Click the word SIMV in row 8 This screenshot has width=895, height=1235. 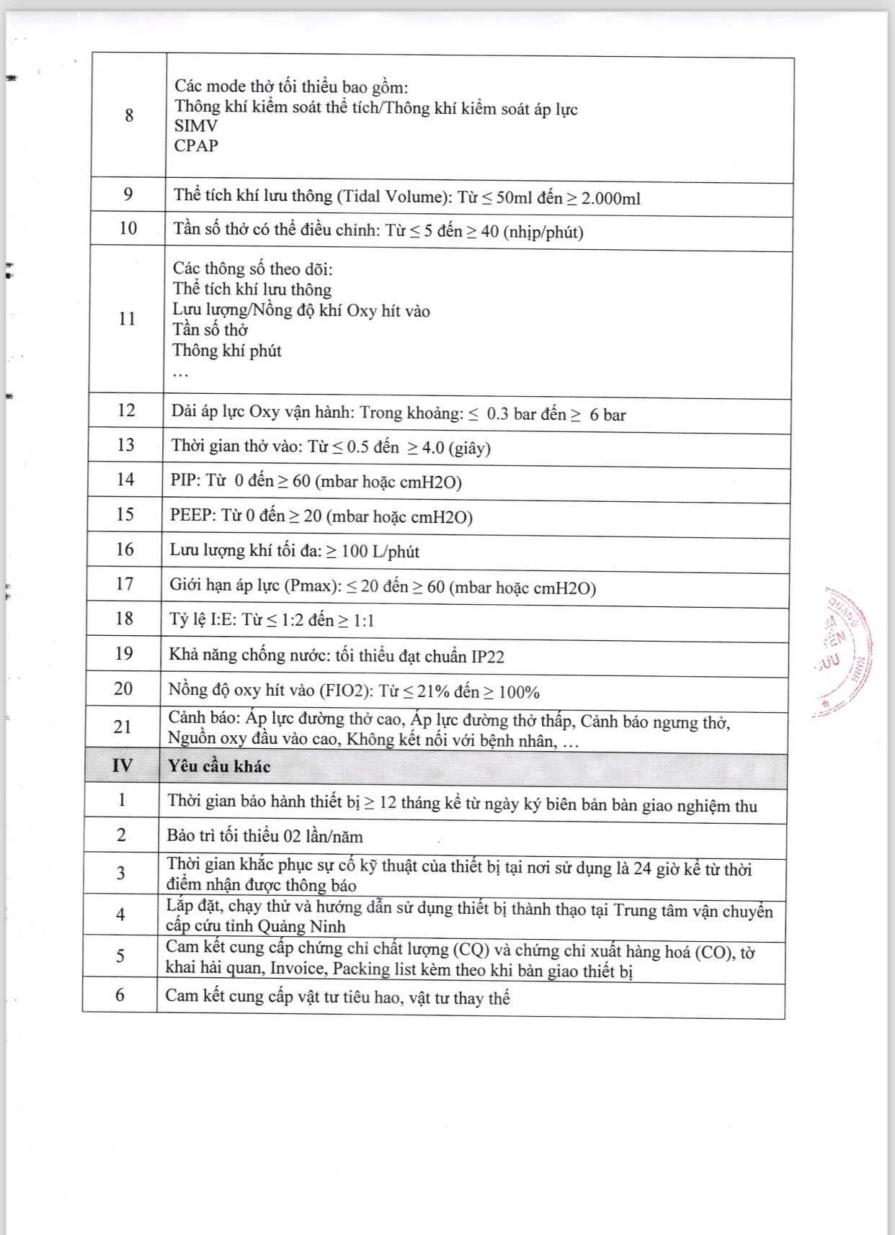[196, 126]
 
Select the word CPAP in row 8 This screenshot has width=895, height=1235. [196, 145]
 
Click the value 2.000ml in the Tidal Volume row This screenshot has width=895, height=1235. [610, 199]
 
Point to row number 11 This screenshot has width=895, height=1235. [127, 319]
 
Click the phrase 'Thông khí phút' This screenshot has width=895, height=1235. [227, 351]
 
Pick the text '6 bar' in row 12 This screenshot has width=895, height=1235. [607, 415]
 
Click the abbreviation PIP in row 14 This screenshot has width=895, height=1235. [184, 480]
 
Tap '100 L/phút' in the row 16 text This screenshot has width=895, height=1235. [380, 552]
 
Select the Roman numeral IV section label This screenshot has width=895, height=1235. [123, 765]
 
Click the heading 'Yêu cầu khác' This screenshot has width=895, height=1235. [219, 766]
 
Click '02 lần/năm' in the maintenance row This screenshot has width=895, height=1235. [323, 837]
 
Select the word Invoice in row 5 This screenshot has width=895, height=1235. [298, 969]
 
